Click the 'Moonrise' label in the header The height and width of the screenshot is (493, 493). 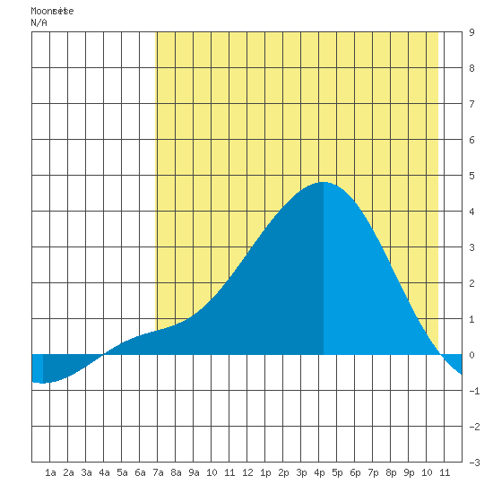coord(52,11)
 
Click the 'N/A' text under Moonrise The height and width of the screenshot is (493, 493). coord(39,22)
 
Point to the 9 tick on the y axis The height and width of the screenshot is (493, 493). coord(471,32)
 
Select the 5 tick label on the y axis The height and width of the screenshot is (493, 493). coord(471,176)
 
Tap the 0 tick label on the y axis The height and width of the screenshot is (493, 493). coord(471,355)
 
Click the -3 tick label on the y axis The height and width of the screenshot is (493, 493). coord(474,463)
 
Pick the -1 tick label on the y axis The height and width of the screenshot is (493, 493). coord(474,391)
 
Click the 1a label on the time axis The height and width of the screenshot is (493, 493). coord(50,472)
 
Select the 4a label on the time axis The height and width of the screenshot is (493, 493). coord(104,472)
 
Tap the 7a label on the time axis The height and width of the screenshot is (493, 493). coord(158,472)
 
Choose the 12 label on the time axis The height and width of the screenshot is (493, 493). coord(247,472)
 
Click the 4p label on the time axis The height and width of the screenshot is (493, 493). coord(319,472)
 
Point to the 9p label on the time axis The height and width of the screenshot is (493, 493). coord(409,472)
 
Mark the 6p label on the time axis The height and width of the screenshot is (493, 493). coord(355,472)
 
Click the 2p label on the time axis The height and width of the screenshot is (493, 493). coord(283,472)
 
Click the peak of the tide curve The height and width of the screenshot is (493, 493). coord(324,182)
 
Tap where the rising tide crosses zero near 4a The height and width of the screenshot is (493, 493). coord(103,355)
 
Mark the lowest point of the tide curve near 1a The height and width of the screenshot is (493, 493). coord(42,384)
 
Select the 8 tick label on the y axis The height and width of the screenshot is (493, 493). coord(471,68)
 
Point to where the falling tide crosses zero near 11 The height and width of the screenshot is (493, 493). coord(440,355)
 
